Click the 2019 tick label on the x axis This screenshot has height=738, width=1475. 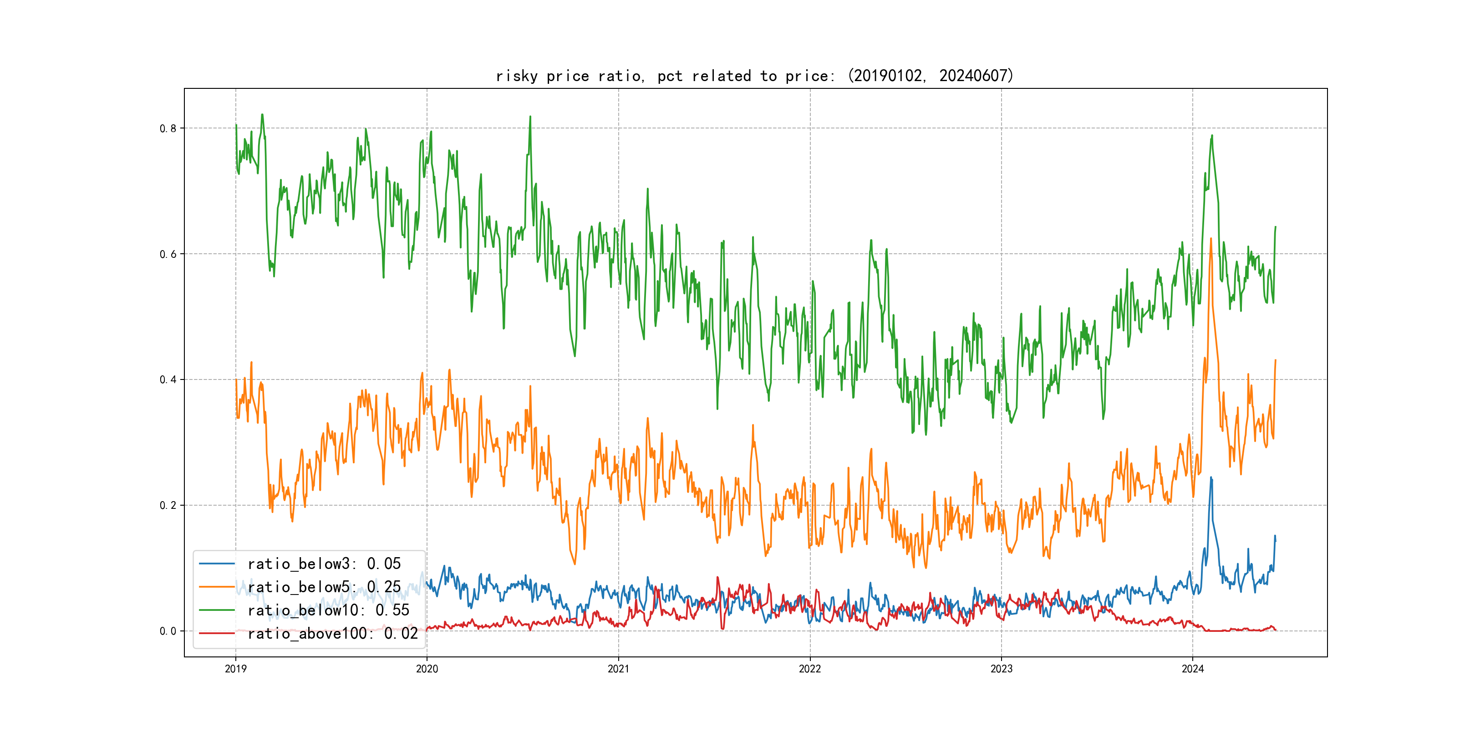pyautogui.click(x=235, y=669)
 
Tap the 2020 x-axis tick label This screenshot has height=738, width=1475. pyautogui.click(x=427, y=669)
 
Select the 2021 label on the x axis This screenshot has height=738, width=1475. pyautogui.click(x=618, y=669)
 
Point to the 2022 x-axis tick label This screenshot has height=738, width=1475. pyautogui.click(x=809, y=669)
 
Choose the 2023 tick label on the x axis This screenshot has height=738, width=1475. pyautogui.click(x=1002, y=669)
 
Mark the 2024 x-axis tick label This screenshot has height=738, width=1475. pyautogui.click(x=1193, y=669)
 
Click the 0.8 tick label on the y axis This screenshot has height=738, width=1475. pyautogui.click(x=168, y=128)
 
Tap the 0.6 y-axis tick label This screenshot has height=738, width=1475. pyautogui.click(x=168, y=254)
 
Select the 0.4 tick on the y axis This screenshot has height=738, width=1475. pyautogui.click(x=168, y=380)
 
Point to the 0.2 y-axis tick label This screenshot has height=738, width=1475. pyautogui.click(x=168, y=505)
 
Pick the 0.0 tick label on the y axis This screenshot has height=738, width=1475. pyautogui.click(x=168, y=631)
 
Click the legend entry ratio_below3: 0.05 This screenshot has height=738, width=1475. pyautogui.click(x=324, y=564)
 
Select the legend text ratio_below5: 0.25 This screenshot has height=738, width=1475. pyautogui.click(x=324, y=587)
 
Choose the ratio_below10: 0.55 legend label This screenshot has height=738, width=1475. pyautogui.click(x=328, y=610)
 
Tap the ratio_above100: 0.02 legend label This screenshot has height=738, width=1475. pyautogui.click(x=333, y=634)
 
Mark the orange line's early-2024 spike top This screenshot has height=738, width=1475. pyautogui.click(x=1211, y=238)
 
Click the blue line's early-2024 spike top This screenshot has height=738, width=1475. pyautogui.click(x=1211, y=477)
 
